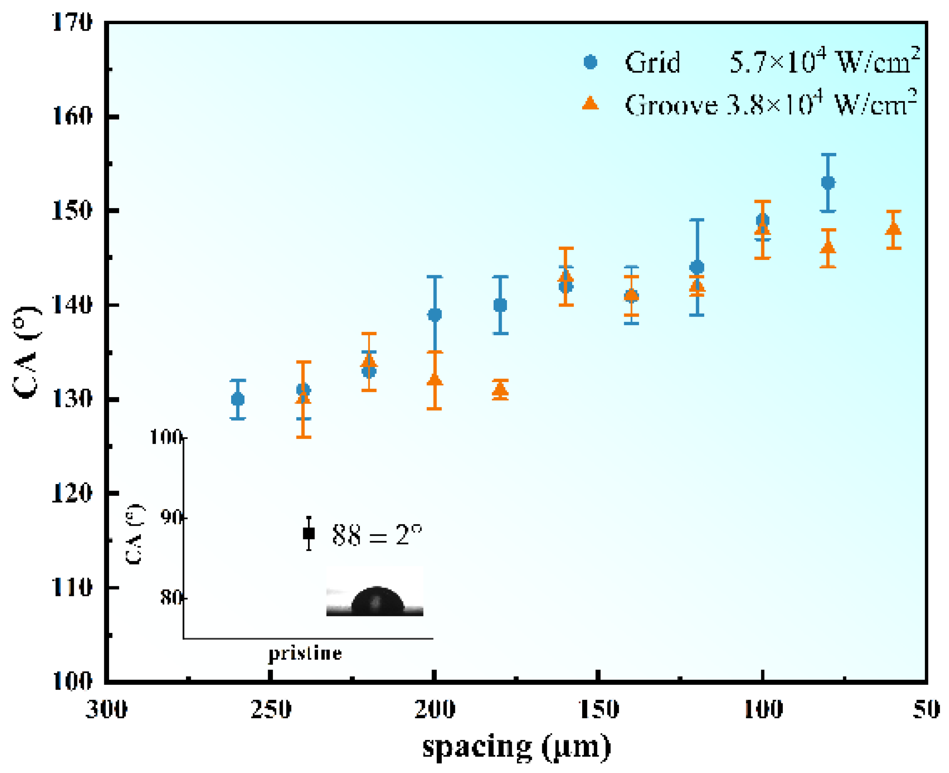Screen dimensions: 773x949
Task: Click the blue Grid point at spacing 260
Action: pos(238,400)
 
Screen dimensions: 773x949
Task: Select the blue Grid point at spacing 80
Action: pos(828,183)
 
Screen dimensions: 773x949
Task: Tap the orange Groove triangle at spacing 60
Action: pos(893,229)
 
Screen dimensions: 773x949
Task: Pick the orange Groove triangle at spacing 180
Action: pos(500,390)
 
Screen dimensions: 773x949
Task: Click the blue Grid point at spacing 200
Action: pos(434,315)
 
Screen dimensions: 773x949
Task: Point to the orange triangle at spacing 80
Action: pos(828,247)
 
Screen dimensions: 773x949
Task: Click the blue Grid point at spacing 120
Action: pos(697,268)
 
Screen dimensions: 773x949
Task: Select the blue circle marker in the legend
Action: pos(590,62)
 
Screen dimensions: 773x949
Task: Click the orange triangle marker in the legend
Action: pos(590,104)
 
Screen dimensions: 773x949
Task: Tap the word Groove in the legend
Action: pos(671,105)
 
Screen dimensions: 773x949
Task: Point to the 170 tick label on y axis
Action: pos(72,22)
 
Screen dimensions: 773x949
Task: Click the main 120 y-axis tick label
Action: pos(72,493)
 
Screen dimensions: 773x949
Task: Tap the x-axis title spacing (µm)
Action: pos(517,748)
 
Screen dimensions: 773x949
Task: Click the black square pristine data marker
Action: pos(309,534)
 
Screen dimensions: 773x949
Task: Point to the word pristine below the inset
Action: pos(305,653)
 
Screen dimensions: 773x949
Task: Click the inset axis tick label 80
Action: pos(171,598)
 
